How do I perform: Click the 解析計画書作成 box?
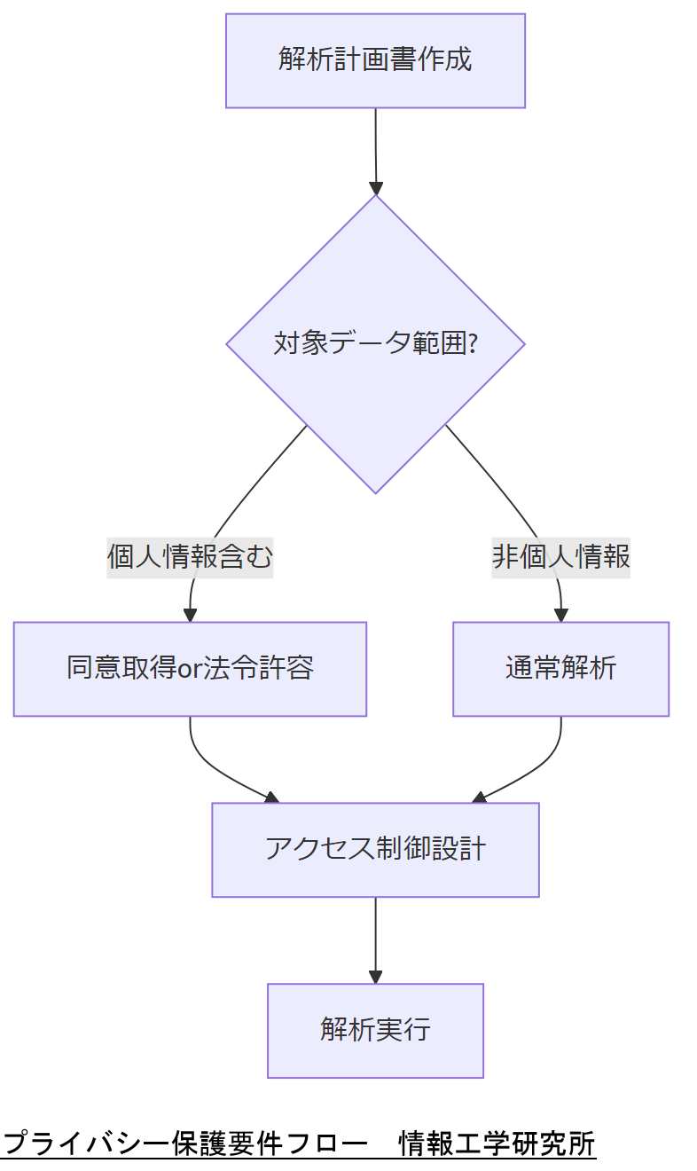[375, 60]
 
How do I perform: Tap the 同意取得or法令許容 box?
[190, 669]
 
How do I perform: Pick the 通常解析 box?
[560, 669]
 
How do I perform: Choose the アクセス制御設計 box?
[375, 850]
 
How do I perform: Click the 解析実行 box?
[375, 1030]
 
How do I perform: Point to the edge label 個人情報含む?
[190, 557]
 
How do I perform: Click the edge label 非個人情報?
[560, 557]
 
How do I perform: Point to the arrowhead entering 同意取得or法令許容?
[190, 615]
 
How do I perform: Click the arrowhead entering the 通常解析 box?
[560, 615]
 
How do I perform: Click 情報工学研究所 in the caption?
[497, 1143]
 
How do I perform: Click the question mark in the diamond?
[473, 343]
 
